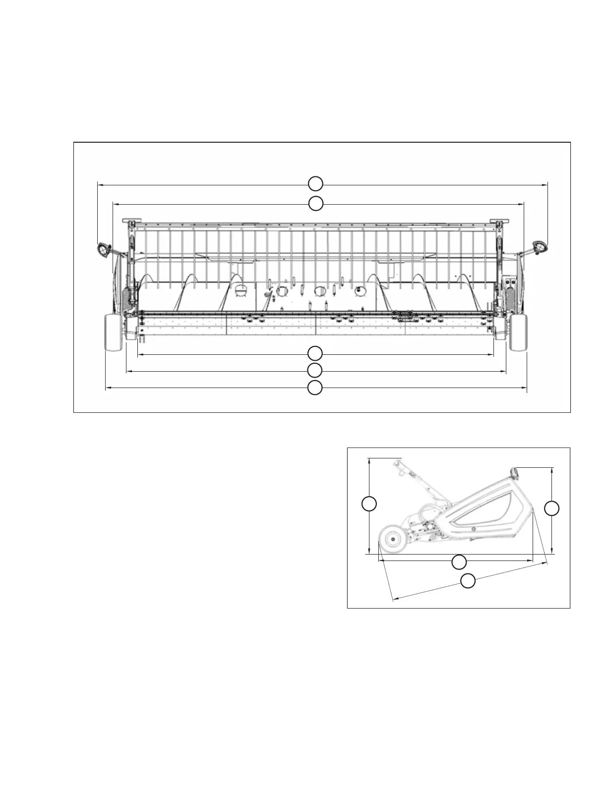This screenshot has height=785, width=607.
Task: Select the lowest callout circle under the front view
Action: click(x=314, y=388)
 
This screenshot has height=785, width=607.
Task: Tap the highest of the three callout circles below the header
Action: click(x=314, y=354)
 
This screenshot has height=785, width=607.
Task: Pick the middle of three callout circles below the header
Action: click(x=314, y=370)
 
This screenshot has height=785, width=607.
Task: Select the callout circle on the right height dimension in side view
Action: click(x=552, y=508)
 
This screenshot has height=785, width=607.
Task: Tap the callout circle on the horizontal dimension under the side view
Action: click(x=459, y=562)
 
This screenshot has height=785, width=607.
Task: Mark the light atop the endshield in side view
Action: click(x=516, y=474)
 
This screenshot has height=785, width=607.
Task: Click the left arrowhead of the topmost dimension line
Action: click(x=99, y=184)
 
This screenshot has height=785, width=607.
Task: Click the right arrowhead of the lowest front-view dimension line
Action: click(x=526, y=389)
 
